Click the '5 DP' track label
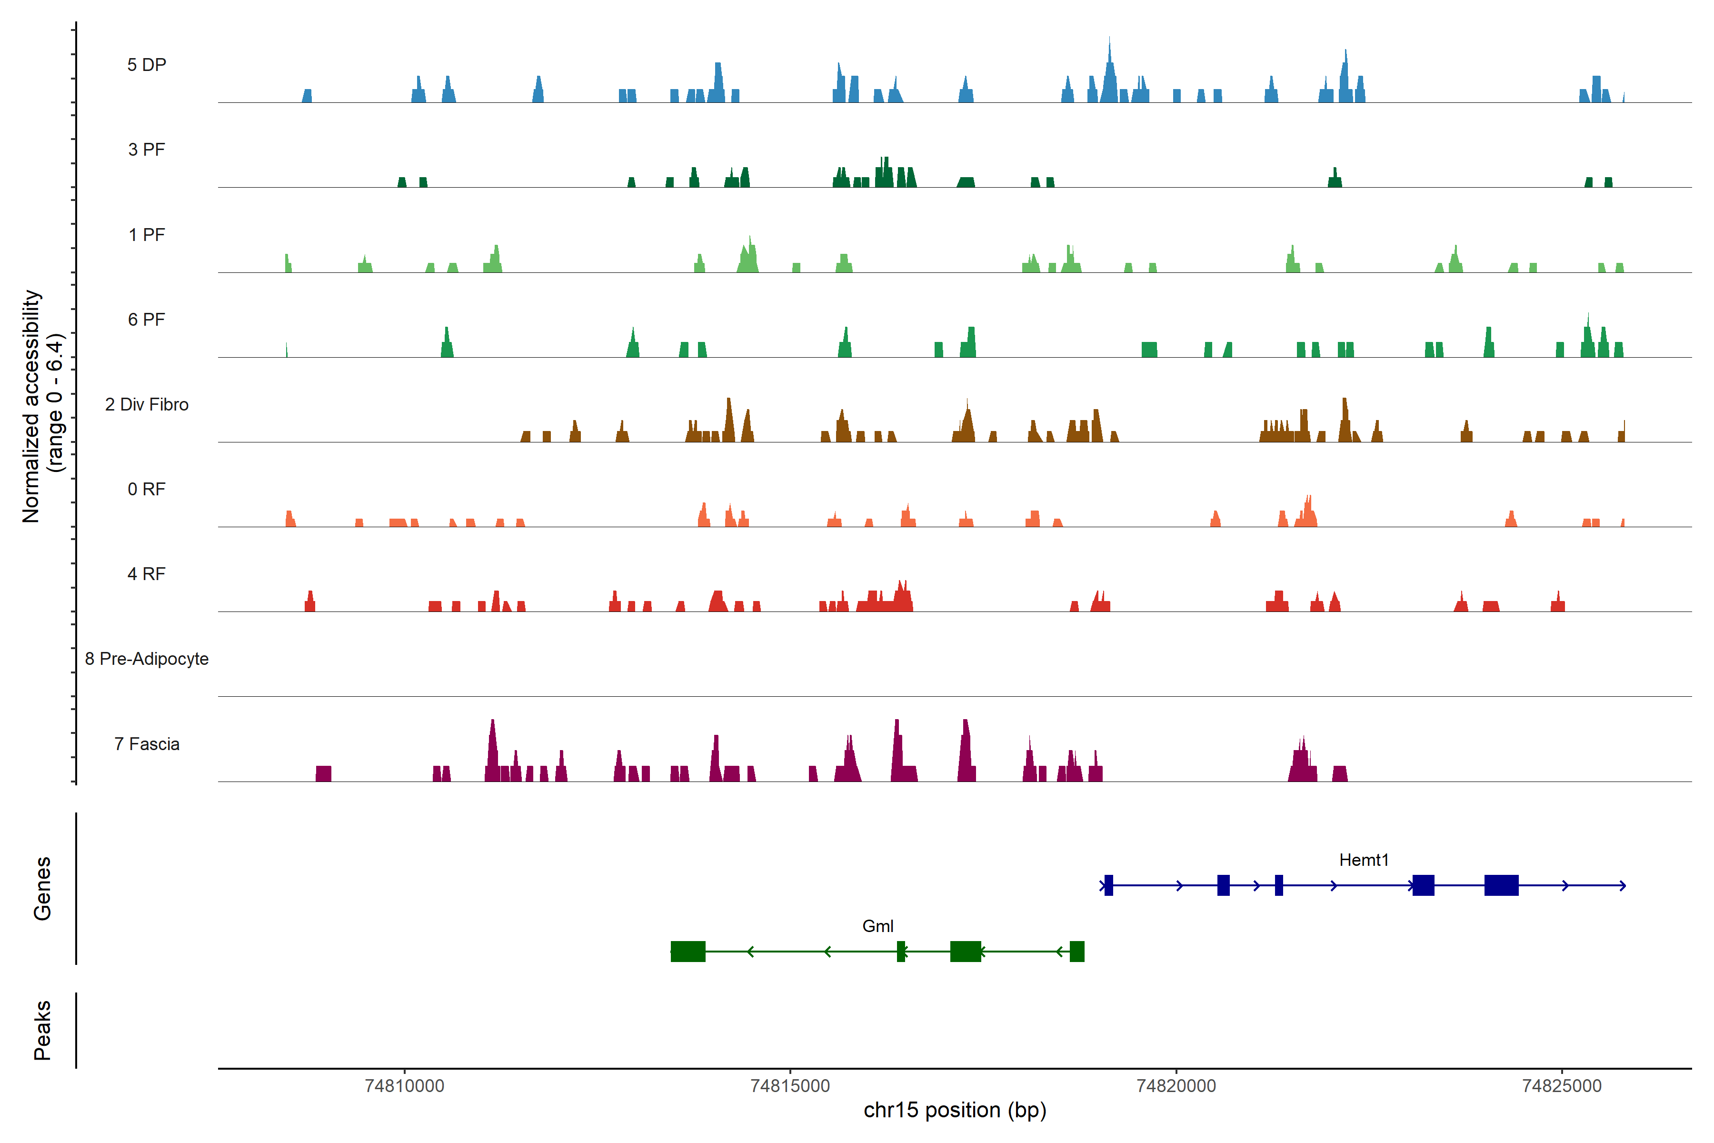[x=147, y=65]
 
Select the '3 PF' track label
[x=147, y=150]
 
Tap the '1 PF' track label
[x=147, y=235]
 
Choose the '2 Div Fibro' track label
[x=147, y=404]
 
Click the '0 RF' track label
[x=147, y=489]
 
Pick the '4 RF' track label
[x=147, y=574]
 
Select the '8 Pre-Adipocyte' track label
[x=147, y=659]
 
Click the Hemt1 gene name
[x=1364, y=860]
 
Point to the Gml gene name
[x=877, y=926]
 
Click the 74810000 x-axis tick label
[x=404, y=1086]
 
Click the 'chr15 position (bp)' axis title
[x=955, y=1110]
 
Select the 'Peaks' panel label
[x=42, y=1030]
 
